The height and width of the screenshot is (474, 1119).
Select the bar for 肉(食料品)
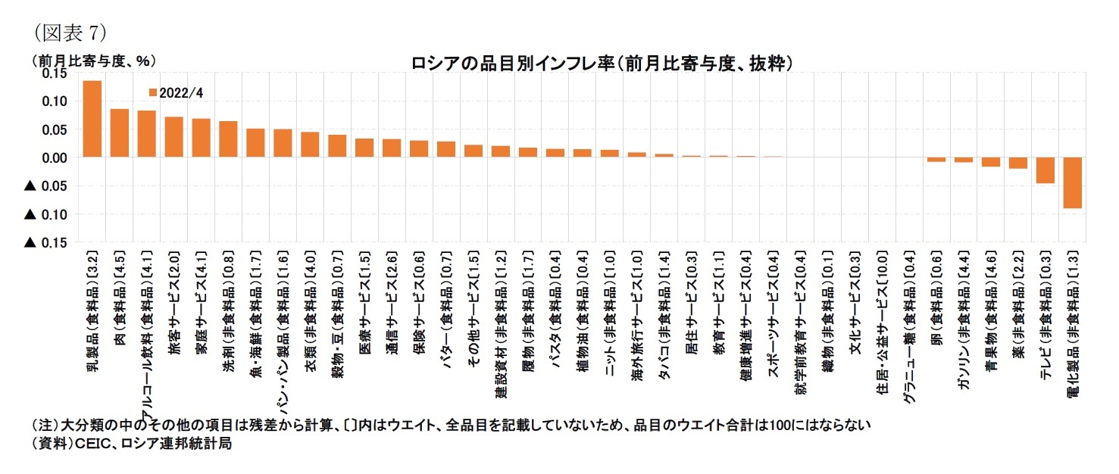point(119,133)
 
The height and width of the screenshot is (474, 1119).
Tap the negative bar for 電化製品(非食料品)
point(1072,182)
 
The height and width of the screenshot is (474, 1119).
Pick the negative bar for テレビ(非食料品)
point(1045,170)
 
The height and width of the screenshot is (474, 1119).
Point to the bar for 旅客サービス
point(173,137)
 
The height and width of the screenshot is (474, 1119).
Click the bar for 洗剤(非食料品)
point(228,139)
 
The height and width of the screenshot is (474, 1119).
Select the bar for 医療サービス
point(364,148)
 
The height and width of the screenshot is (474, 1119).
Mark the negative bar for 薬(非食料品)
point(1017,163)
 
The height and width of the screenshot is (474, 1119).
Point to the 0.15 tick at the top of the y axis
point(55,73)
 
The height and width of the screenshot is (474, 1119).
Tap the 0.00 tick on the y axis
point(55,157)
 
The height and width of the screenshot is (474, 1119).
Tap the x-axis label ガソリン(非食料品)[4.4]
point(963,326)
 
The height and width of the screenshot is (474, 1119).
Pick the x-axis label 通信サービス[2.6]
point(392,310)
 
